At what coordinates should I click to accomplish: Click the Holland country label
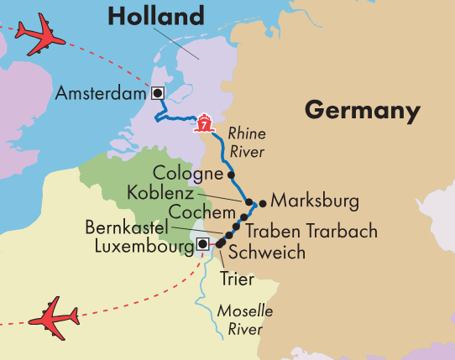coord(156,16)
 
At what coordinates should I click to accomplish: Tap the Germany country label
coord(362,110)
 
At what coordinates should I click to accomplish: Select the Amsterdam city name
coord(100,94)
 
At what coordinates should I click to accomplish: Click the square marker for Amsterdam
coord(157,93)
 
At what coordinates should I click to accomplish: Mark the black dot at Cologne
coord(231,175)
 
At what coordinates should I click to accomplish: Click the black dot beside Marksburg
coord(263,202)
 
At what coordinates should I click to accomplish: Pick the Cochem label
coord(196,211)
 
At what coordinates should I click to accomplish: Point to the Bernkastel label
coord(127,227)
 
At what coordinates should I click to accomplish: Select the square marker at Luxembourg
coord(201,245)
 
